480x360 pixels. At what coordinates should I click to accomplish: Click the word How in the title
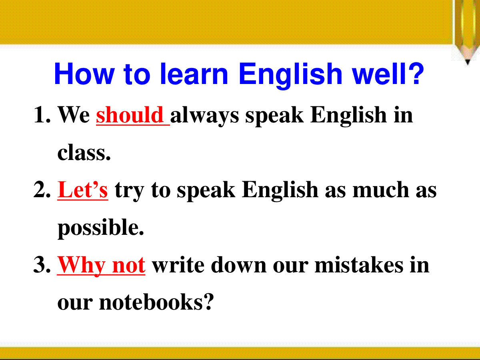(84, 74)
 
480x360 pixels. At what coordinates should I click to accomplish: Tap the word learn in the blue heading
(194, 74)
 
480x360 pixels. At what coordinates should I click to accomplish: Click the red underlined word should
(130, 115)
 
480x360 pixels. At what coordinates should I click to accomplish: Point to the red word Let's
(82, 190)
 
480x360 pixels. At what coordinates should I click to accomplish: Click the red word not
(129, 266)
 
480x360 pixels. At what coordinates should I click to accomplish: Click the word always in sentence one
(205, 116)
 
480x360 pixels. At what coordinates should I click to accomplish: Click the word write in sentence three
(178, 265)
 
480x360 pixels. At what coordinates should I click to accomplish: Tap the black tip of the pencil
(468, 62)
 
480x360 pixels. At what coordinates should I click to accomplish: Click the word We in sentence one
(74, 115)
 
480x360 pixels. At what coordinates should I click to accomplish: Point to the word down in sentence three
(239, 264)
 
